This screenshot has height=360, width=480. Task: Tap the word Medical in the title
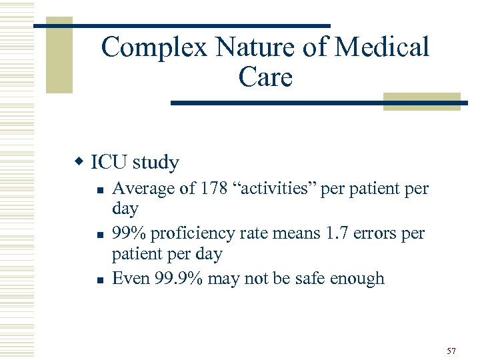[383, 48]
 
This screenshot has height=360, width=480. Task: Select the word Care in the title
[265, 78]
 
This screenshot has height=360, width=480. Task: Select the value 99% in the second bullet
[129, 233]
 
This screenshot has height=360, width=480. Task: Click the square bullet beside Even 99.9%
[99, 279]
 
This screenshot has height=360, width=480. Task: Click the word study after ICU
[156, 162]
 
